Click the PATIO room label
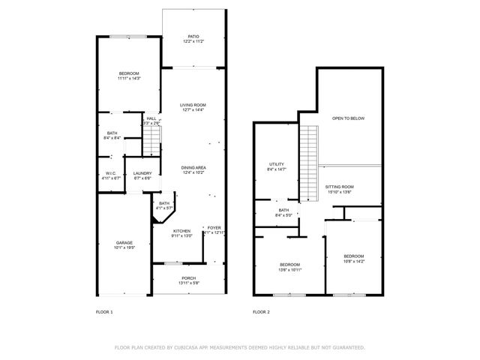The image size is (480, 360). click(193, 36)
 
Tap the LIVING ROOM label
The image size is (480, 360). click(193, 105)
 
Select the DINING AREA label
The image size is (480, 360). click(193, 167)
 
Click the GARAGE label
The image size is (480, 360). click(124, 242)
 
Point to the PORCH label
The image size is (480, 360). click(189, 278)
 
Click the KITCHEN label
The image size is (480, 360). click(182, 230)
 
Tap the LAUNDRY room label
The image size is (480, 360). click(142, 173)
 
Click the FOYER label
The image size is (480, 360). click(214, 228)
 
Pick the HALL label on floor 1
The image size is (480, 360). click(151, 118)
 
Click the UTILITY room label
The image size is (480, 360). click(277, 164)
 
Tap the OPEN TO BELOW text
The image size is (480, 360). click(348, 118)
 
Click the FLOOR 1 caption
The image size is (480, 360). click(104, 311)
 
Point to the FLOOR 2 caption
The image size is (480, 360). click(261, 311)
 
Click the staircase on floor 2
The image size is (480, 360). click(309, 163)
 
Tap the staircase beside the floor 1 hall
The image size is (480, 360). click(152, 139)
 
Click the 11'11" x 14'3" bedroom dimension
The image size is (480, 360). click(129, 78)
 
